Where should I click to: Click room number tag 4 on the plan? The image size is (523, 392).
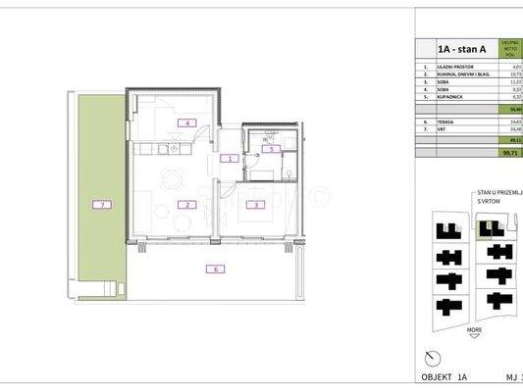coord(183,123)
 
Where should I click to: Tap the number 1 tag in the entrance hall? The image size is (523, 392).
coord(228,158)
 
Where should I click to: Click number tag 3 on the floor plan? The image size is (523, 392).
coord(254,205)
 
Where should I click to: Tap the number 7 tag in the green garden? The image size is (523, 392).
coord(98,205)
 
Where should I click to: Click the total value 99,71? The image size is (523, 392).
coord(511,153)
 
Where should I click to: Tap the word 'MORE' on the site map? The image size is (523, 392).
coord(475,330)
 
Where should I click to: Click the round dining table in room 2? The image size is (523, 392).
coord(173,179)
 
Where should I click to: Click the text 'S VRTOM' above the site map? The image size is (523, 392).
coord(488,201)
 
